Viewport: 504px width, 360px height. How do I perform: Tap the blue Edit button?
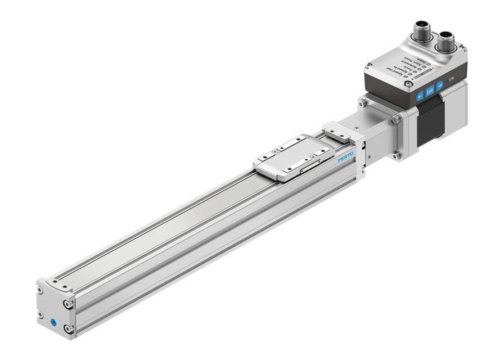[430, 91]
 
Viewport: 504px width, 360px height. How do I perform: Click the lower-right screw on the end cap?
[68, 329]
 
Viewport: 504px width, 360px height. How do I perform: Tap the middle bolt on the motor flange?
[395, 123]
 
